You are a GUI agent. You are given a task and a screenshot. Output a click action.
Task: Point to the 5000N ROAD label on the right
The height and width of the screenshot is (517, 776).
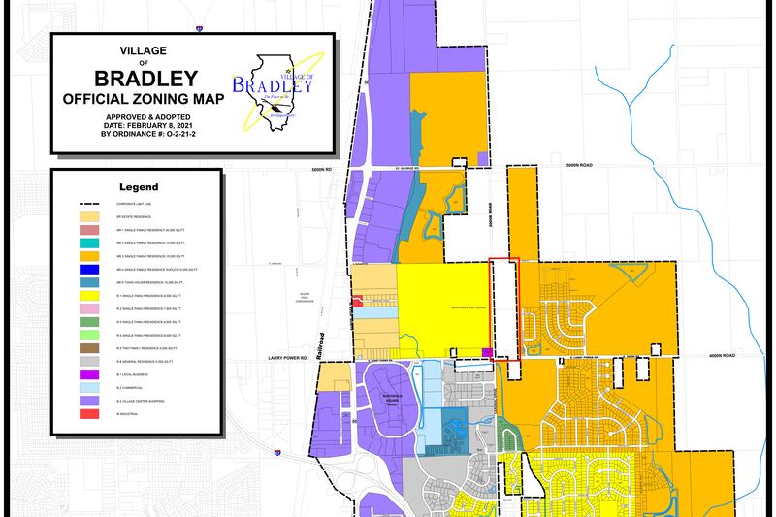pyautogui.click(x=585, y=167)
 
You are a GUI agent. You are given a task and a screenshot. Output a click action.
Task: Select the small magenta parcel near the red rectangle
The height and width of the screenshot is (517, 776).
pyautogui.click(x=488, y=352)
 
